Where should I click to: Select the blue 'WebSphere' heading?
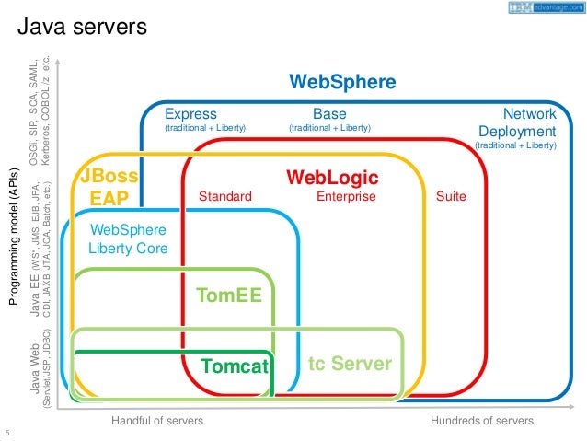(x=342, y=82)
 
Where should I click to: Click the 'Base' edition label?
(x=329, y=114)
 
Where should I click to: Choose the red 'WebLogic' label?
(x=332, y=176)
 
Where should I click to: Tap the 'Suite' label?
(x=452, y=197)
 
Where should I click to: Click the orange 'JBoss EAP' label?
(x=109, y=186)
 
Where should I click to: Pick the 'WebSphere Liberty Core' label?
(x=128, y=238)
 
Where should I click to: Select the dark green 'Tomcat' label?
(x=234, y=366)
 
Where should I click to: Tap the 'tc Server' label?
(x=349, y=364)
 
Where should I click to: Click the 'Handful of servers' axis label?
(x=157, y=421)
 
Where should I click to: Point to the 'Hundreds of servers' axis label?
(x=481, y=421)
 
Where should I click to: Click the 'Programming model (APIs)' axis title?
(x=16, y=244)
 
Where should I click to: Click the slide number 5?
(x=7, y=433)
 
